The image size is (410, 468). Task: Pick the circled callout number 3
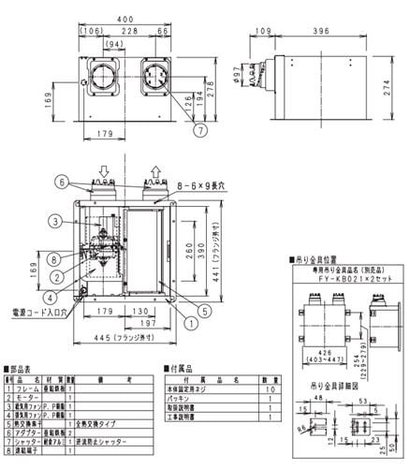click(x=57, y=221)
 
